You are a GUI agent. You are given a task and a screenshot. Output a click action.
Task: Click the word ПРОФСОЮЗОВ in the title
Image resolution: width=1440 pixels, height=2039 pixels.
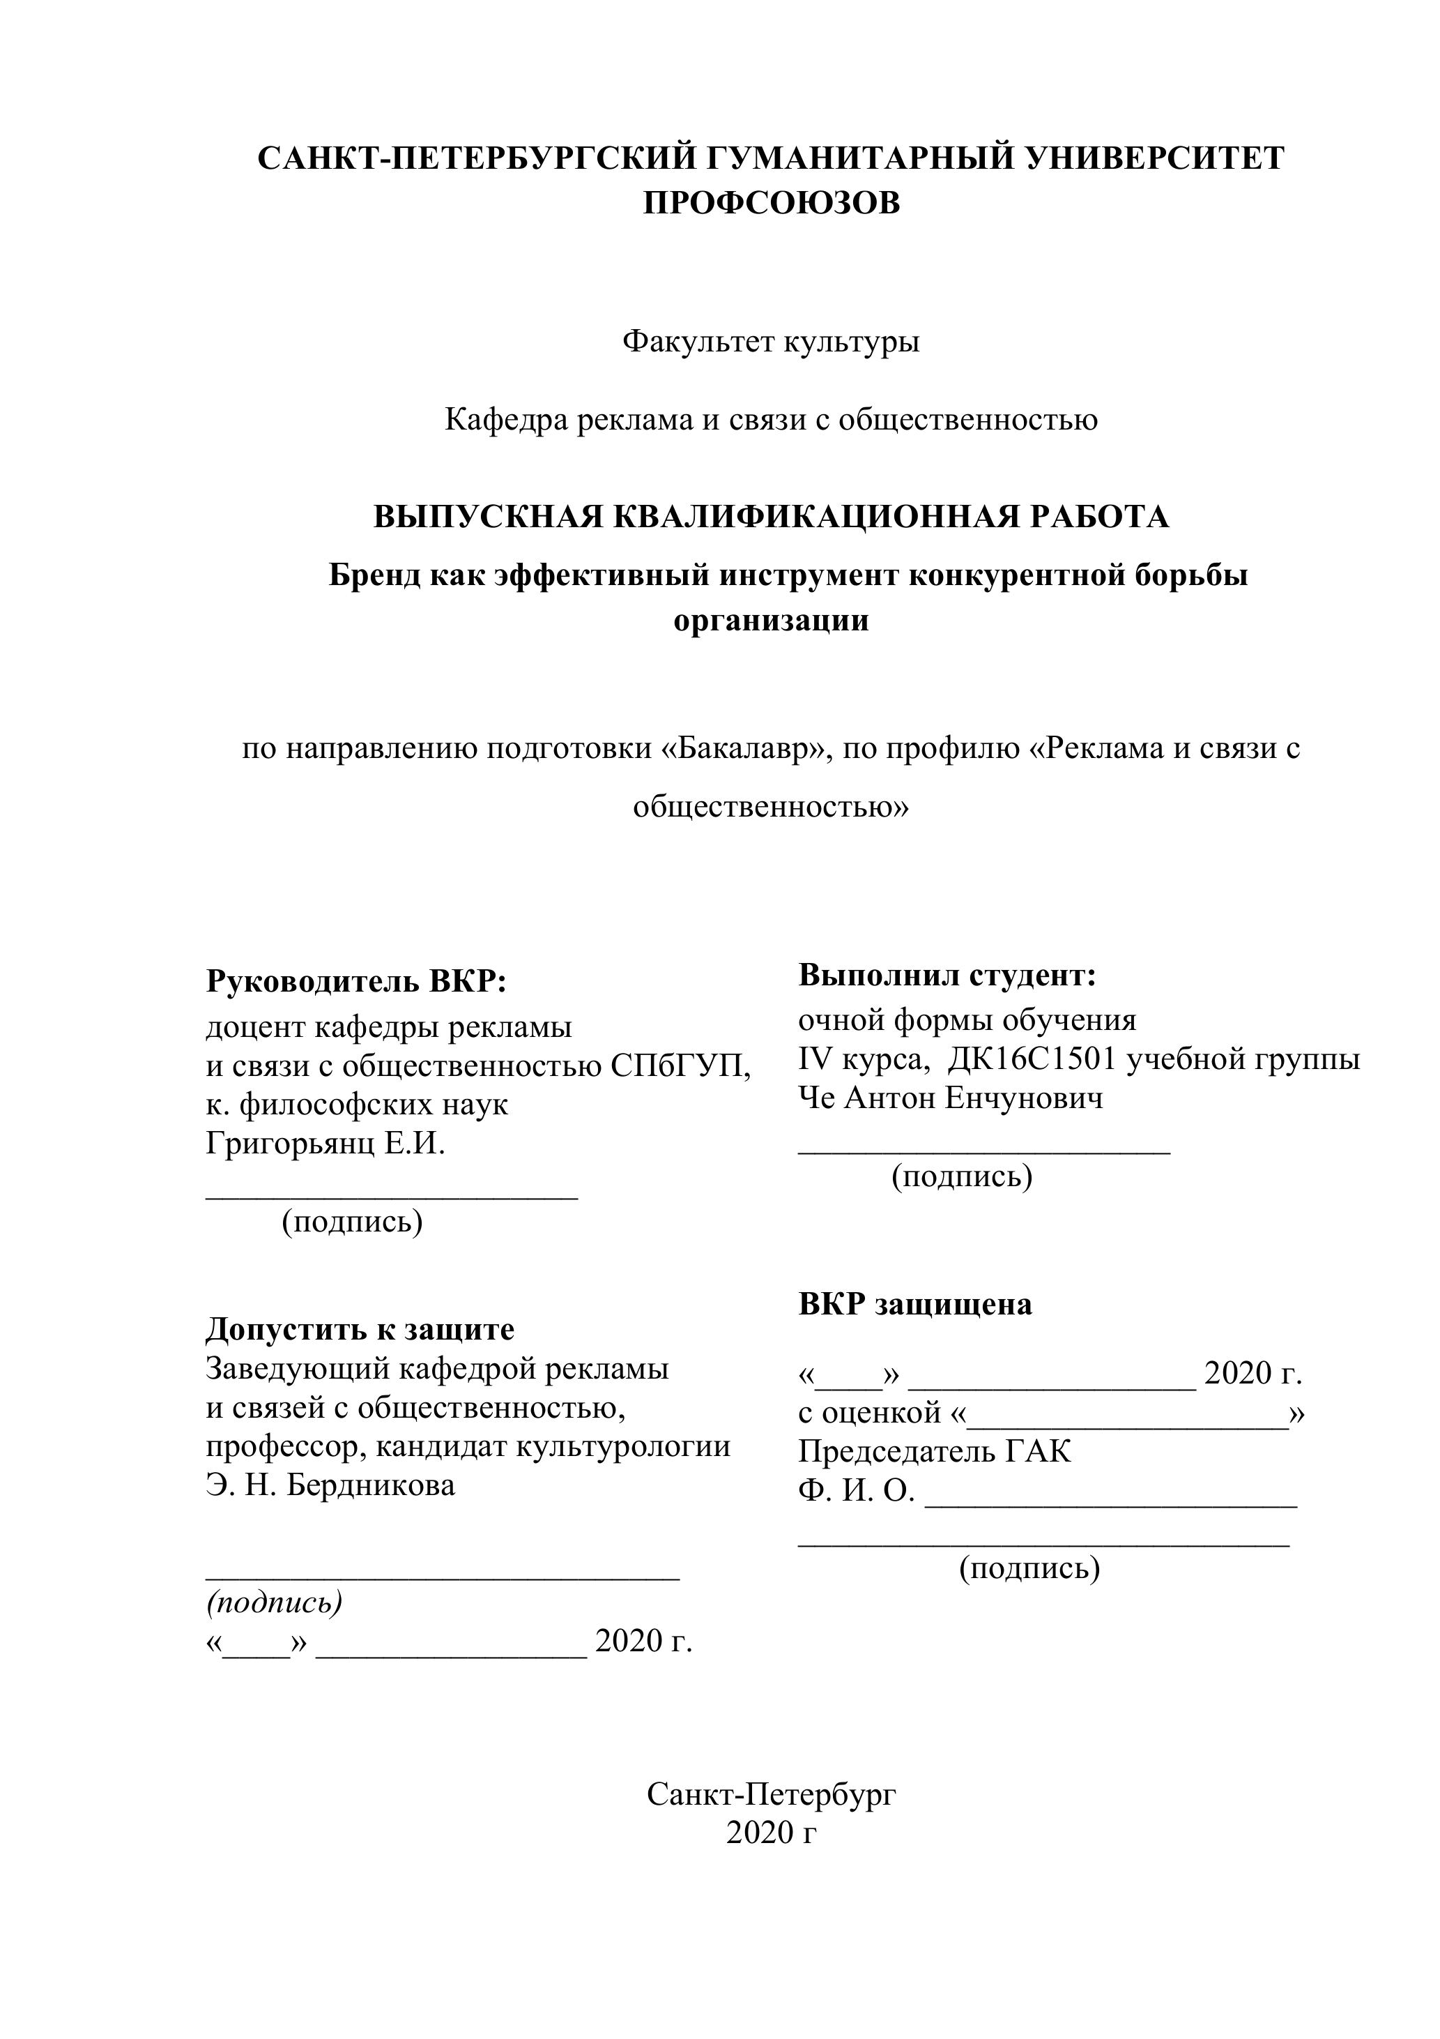pyautogui.click(x=771, y=204)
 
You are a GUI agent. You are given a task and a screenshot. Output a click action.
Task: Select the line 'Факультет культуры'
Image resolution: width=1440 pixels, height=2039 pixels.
pyautogui.click(x=771, y=341)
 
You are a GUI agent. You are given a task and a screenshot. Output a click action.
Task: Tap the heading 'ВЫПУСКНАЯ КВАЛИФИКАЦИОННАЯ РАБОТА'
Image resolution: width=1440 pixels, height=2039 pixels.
pyautogui.click(x=771, y=517)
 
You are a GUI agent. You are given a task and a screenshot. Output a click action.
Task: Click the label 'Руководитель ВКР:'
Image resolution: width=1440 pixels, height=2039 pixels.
pyautogui.click(x=356, y=981)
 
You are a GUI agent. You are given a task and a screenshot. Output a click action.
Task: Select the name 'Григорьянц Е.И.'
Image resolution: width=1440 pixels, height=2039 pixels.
pyautogui.click(x=325, y=1144)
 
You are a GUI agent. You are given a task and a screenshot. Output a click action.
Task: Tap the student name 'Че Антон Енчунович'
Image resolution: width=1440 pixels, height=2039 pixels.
pyautogui.click(x=951, y=1098)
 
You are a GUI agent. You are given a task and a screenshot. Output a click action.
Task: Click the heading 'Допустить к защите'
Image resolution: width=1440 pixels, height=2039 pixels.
pyautogui.click(x=360, y=1329)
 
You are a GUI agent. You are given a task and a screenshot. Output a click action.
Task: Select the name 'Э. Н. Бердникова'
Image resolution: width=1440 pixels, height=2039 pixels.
pyautogui.click(x=330, y=1485)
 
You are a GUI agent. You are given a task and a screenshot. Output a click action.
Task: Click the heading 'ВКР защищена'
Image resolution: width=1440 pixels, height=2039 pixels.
pyautogui.click(x=915, y=1305)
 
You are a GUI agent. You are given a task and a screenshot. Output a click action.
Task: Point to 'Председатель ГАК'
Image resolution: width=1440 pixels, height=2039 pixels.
pyautogui.click(x=935, y=1451)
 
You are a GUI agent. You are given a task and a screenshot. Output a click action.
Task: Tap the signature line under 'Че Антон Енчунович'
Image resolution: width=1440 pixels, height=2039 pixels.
pyautogui.click(x=985, y=1151)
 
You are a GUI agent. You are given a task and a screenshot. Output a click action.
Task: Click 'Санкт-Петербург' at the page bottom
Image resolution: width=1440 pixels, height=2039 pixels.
pyautogui.click(x=771, y=1795)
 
